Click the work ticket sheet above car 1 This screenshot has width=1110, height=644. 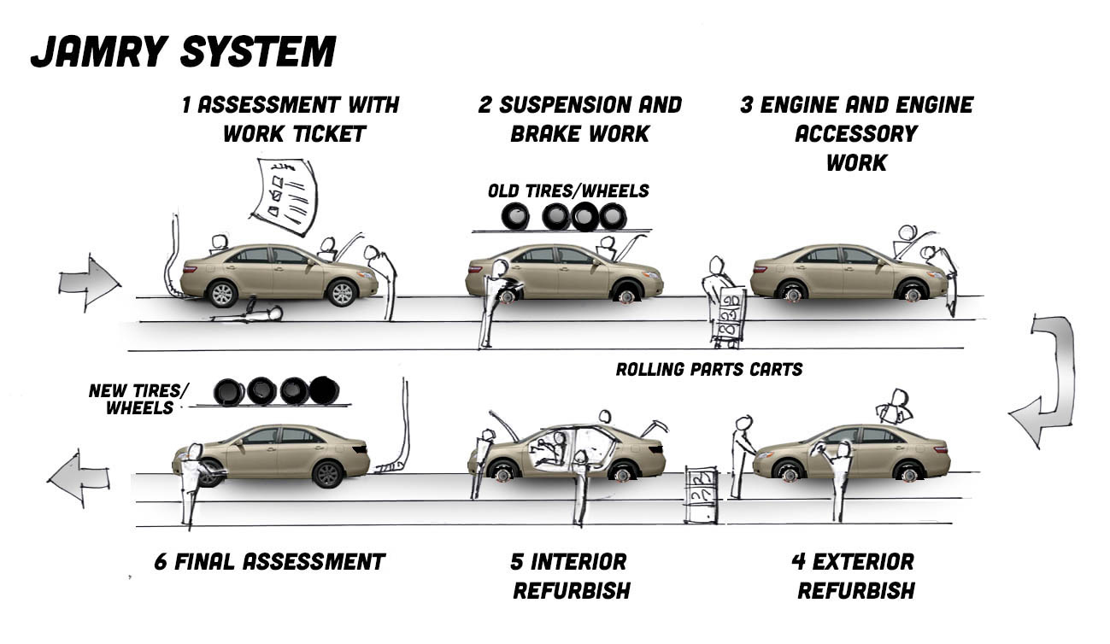pos(287,195)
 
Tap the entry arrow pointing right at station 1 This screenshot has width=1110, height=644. pos(89,280)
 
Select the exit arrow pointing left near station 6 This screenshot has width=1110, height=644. pos(79,481)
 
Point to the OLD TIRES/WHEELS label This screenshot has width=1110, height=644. pos(567,190)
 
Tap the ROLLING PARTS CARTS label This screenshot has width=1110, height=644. pos(708,370)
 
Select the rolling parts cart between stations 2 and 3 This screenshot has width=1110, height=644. pos(729,316)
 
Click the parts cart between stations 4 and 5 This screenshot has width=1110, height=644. pos(701,495)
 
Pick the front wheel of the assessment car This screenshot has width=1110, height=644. pos(342,293)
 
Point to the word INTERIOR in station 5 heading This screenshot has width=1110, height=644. pos(578,562)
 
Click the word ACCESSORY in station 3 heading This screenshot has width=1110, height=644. pos(855,134)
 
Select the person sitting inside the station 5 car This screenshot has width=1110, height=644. pos(555,448)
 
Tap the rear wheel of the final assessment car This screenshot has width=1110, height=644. pos(327,473)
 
